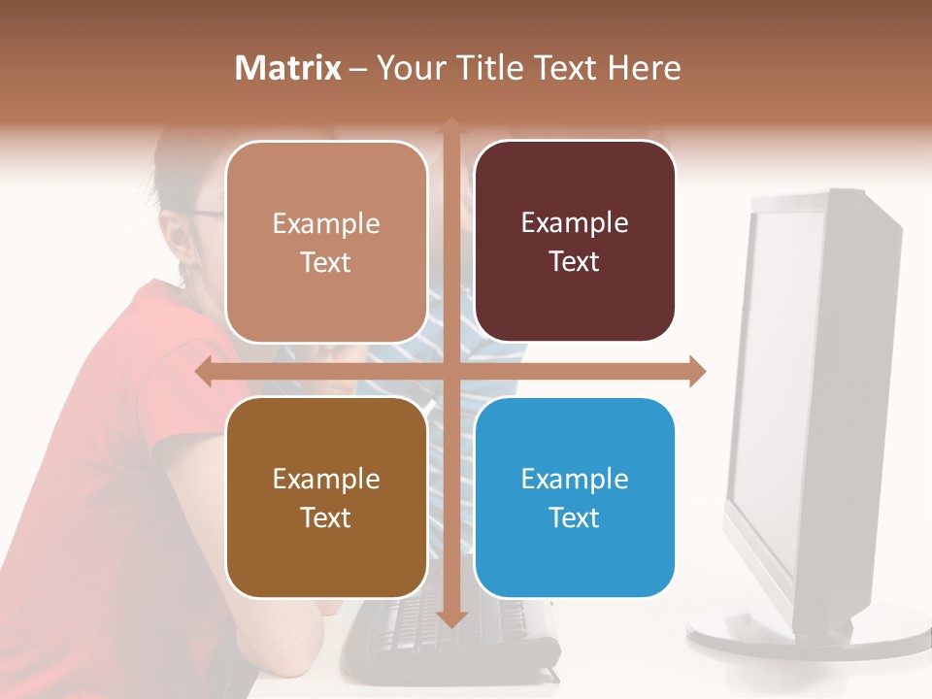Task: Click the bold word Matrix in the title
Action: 288,68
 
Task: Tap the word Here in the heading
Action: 644,68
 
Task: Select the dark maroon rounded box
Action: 575,241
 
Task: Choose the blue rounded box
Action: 575,497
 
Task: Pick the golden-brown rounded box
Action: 326,497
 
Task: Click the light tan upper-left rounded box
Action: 326,241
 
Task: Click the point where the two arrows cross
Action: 450,372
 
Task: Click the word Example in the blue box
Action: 575,479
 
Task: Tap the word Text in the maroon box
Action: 575,262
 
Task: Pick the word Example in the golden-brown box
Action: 326,479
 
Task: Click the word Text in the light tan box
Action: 326,262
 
